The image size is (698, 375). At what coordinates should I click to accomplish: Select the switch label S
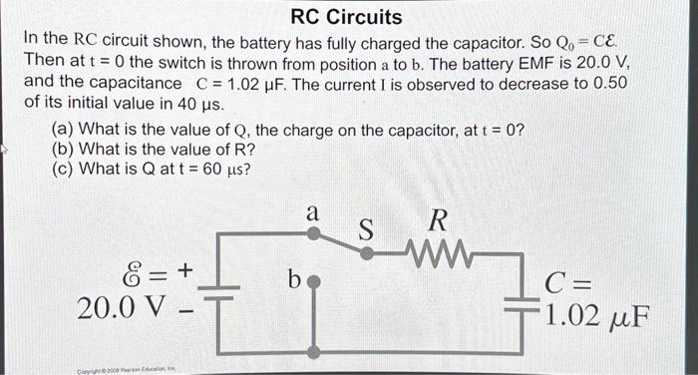coord(366,229)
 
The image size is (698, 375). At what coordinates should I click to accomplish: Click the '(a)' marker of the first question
coord(63,131)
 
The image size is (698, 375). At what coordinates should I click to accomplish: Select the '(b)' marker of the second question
coord(63,150)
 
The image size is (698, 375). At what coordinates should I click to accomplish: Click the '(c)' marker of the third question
coord(63,169)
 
